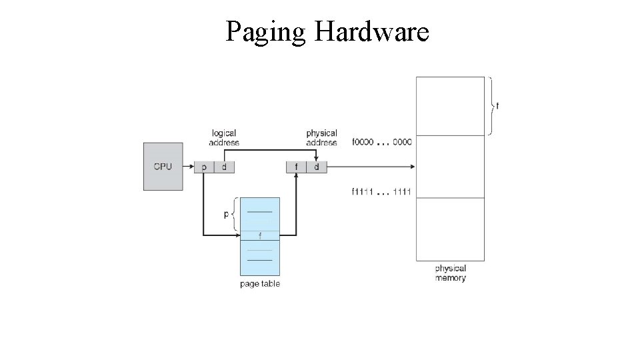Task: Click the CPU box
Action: tap(163, 166)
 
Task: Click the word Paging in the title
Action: tap(265, 31)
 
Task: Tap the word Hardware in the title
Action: tap(371, 31)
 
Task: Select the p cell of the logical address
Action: tap(203, 167)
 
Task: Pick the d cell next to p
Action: tap(224, 167)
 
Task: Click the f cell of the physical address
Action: tap(296, 167)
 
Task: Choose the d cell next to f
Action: tap(317, 167)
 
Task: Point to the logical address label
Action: tap(224, 138)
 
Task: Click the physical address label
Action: tap(321, 138)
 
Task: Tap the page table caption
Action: tap(260, 284)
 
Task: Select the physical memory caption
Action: tap(450, 273)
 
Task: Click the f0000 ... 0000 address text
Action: tap(381, 142)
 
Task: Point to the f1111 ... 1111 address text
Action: tap(381, 193)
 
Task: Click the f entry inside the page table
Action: tap(259, 235)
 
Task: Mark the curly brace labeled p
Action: tap(235, 215)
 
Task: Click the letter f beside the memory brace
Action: tap(497, 105)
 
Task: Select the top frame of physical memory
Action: tap(450, 106)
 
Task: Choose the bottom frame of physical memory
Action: tap(450, 229)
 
